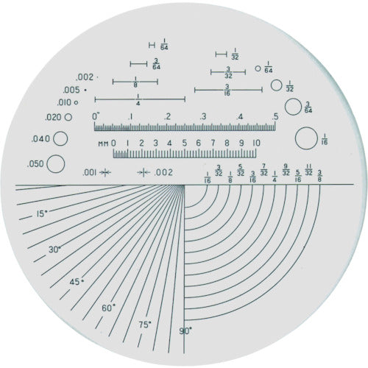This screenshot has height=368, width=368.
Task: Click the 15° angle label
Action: click(x=43, y=215)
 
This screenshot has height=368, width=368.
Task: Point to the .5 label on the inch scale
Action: click(x=275, y=116)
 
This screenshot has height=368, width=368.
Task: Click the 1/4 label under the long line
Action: click(x=138, y=103)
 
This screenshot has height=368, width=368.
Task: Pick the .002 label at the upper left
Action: click(x=82, y=77)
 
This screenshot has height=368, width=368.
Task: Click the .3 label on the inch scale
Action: click(x=203, y=116)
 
